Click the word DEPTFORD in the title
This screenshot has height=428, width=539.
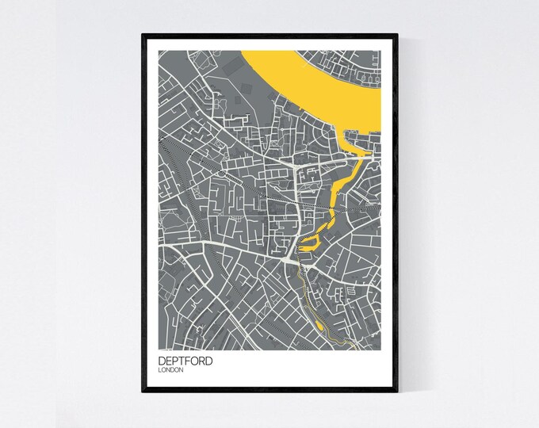point(185,361)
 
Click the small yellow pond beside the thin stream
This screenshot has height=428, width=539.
point(319,323)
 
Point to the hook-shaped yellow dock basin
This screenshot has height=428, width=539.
point(314,237)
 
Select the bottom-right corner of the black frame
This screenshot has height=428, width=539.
point(396,391)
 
